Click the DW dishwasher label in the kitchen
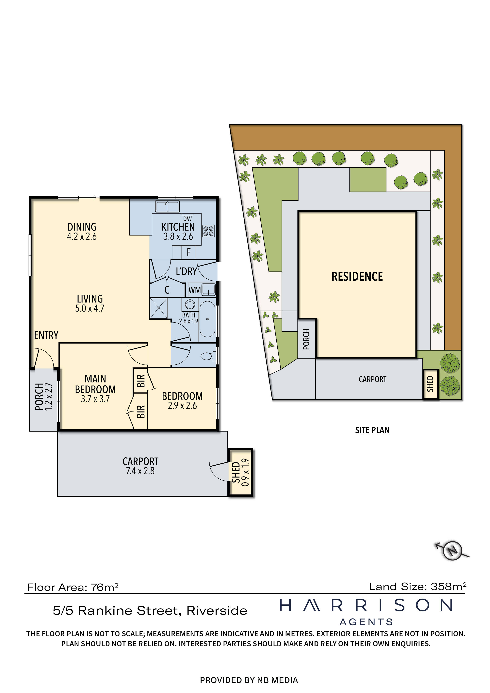click(x=187, y=218)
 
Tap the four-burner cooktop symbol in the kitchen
click(x=208, y=231)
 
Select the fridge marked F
click(x=188, y=252)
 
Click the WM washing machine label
click(x=194, y=290)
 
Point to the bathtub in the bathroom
click(x=207, y=319)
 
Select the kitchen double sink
click(x=167, y=206)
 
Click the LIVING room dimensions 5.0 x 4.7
click(x=90, y=308)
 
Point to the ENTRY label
click(x=46, y=335)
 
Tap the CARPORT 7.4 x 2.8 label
click(x=140, y=466)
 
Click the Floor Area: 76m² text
click(x=73, y=587)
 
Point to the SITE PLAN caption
click(x=372, y=430)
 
